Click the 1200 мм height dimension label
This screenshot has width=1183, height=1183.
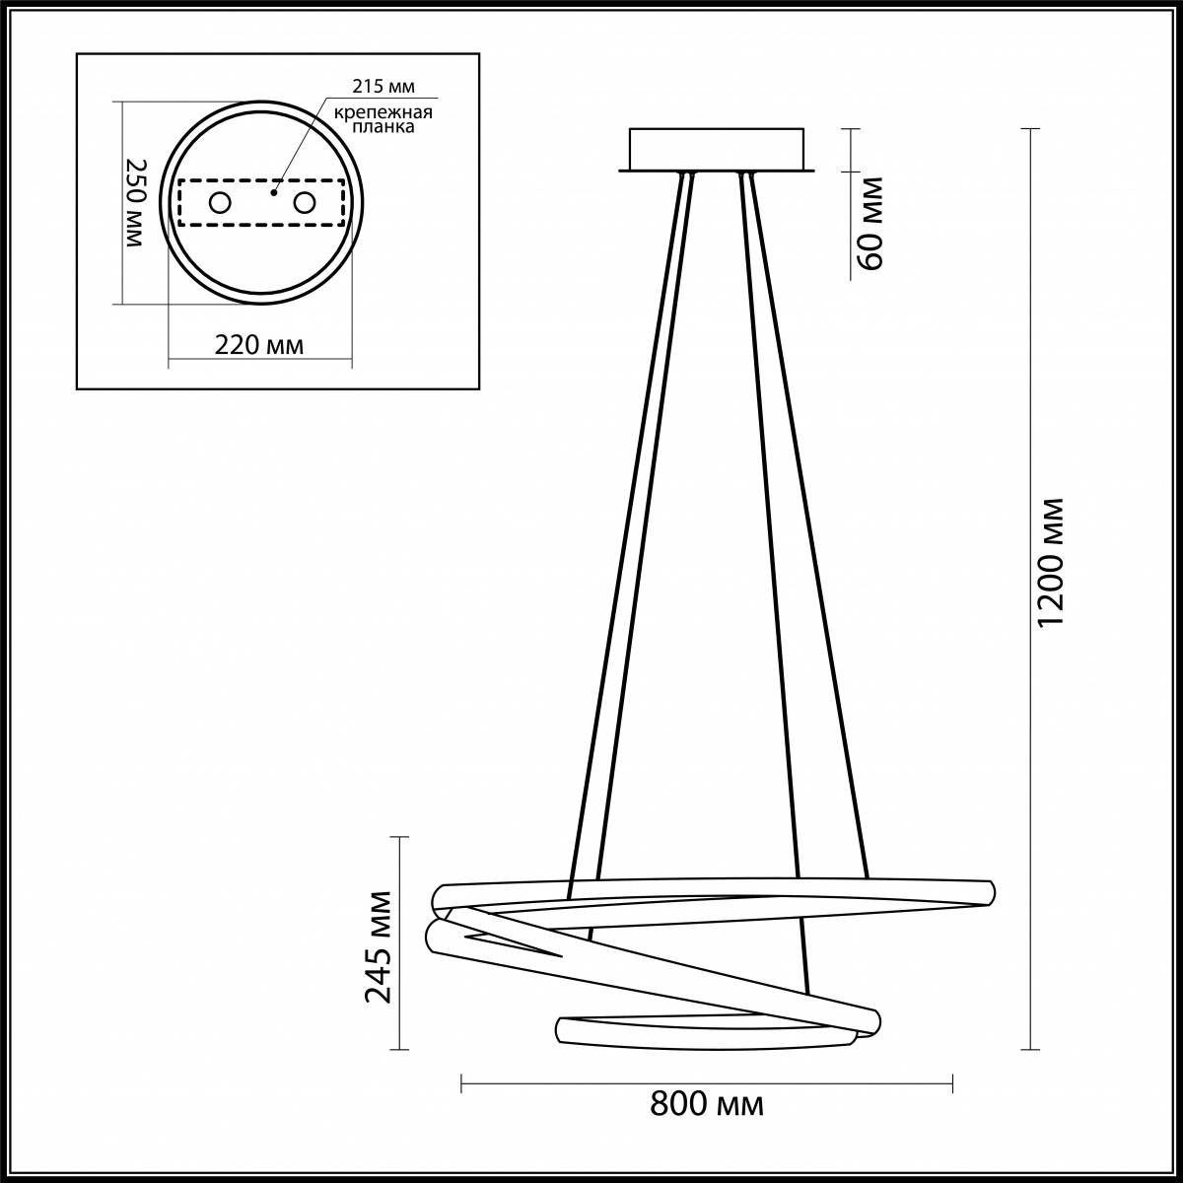1052,562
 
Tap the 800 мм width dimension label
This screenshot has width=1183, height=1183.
707,1104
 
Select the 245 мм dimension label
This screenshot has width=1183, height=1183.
379,946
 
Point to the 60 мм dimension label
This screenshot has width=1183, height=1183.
870,223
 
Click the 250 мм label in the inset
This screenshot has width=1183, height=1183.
136,203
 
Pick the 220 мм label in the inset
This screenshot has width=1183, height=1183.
259,345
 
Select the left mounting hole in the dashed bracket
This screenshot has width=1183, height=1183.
219,203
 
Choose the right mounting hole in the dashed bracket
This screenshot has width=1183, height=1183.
304,203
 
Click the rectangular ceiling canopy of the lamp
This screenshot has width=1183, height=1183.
718,149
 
